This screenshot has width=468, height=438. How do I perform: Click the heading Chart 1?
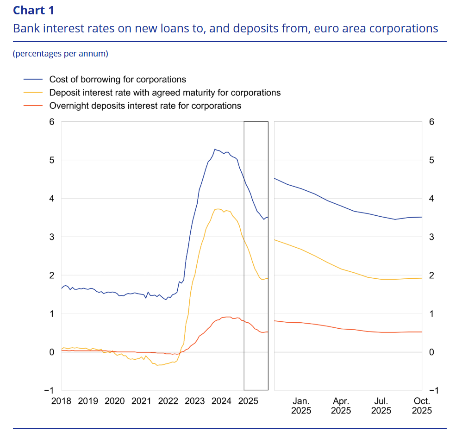click(x=33, y=10)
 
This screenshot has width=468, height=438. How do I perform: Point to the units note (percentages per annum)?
click(x=61, y=54)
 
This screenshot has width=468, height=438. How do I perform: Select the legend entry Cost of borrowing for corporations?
click(x=118, y=80)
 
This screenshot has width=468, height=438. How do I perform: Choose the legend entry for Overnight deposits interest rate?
click(x=145, y=106)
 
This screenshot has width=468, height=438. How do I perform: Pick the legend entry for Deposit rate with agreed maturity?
click(x=165, y=93)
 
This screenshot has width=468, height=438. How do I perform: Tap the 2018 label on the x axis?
click(x=61, y=401)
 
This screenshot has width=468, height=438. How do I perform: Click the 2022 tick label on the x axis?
click(x=168, y=401)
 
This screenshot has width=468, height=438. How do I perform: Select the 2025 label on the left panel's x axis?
click(x=248, y=401)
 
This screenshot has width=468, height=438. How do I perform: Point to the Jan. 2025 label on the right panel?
click(x=301, y=406)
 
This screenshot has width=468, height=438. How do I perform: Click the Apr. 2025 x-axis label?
click(x=341, y=406)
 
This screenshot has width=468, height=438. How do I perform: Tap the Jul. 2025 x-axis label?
click(x=381, y=406)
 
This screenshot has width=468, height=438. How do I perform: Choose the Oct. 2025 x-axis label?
click(x=422, y=406)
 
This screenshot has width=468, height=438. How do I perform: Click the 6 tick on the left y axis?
click(x=52, y=122)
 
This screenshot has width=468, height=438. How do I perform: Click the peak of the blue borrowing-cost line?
click(x=214, y=149)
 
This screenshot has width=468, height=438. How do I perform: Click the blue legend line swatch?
click(x=32, y=80)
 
